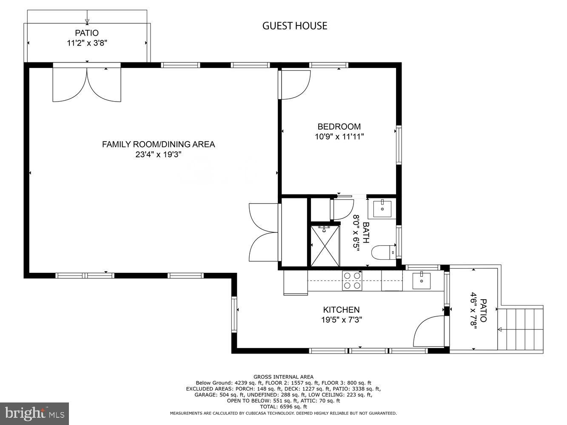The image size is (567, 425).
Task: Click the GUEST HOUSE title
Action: click(x=294, y=26)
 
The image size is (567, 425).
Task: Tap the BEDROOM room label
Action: click(x=339, y=126)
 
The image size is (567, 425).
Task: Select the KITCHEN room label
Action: click(x=341, y=310)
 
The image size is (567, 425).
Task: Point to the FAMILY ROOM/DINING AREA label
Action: click(x=158, y=144)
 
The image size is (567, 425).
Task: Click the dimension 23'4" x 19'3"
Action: click(x=158, y=155)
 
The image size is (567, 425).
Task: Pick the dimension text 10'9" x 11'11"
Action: click(x=339, y=137)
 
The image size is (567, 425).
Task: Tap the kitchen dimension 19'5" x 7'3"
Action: click(x=341, y=320)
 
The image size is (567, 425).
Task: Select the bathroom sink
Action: click(x=382, y=208)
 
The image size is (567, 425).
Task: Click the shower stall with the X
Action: click(x=325, y=246)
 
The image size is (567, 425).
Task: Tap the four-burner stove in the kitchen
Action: click(x=352, y=280)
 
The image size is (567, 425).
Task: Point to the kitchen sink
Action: click(x=421, y=280)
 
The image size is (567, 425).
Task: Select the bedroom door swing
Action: click(x=295, y=84)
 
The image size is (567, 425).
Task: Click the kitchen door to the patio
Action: click(x=430, y=331)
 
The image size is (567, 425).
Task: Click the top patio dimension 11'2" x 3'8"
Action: click(x=87, y=43)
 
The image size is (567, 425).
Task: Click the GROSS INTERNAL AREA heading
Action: click(x=283, y=377)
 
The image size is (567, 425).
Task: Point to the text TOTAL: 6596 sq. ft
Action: click(x=283, y=407)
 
